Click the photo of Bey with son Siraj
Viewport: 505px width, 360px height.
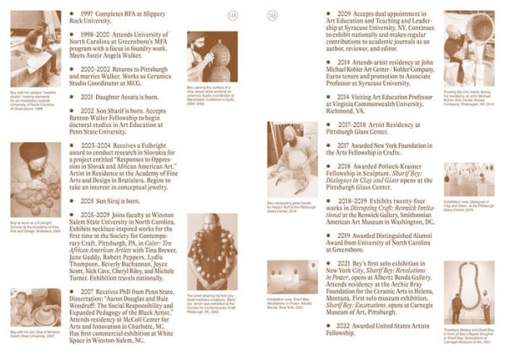(x=29, y=308)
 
